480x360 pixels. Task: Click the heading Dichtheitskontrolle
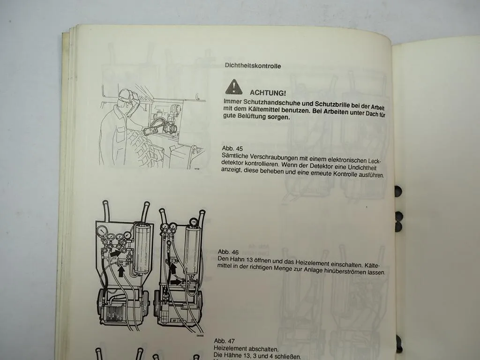[x=253, y=66]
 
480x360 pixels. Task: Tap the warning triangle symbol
[x=233, y=87]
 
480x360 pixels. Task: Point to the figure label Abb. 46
[x=228, y=252]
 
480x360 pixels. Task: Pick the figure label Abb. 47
[x=224, y=340]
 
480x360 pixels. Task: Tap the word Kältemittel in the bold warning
[x=269, y=110]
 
